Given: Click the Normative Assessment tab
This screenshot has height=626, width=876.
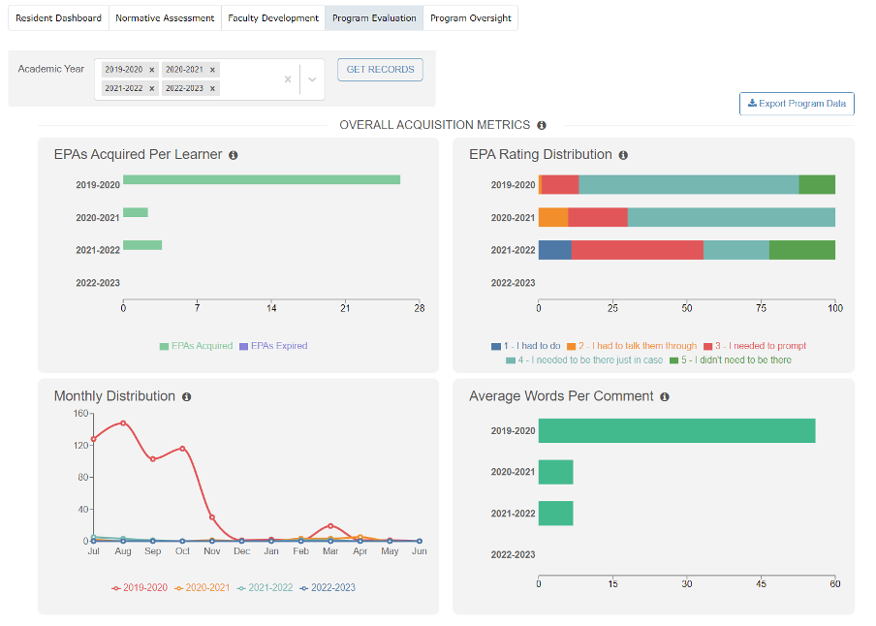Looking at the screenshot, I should tap(164, 18).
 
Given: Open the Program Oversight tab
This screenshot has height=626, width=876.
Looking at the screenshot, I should tap(470, 18).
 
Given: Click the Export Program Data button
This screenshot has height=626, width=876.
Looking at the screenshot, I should tap(797, 104).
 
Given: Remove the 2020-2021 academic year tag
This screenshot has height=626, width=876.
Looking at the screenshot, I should tap(212, 70).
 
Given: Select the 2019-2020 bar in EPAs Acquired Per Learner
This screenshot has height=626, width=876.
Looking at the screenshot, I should tap(261, 179).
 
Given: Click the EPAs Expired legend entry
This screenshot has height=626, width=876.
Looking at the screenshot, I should tap(272, 346).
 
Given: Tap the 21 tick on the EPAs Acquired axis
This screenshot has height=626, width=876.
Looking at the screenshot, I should tap(345, 308).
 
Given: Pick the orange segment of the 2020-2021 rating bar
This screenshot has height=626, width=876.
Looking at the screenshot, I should tap(552, 217).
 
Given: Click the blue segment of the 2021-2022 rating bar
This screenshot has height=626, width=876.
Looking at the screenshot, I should tap(554, 250).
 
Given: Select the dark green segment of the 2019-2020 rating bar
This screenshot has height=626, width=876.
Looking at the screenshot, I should tap(817, 184).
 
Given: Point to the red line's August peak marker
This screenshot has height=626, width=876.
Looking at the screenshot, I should tap(123, 423).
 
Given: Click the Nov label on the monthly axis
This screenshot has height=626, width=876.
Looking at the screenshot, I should tap(211, 551).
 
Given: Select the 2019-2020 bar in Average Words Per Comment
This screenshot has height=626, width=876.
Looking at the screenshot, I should tap(676, 431).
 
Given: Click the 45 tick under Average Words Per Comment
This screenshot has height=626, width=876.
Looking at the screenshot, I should tap(762, 583).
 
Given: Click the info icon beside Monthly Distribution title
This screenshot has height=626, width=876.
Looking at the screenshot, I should tap(186, 397).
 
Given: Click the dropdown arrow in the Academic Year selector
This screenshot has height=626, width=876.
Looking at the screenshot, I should tap(312, 79).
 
